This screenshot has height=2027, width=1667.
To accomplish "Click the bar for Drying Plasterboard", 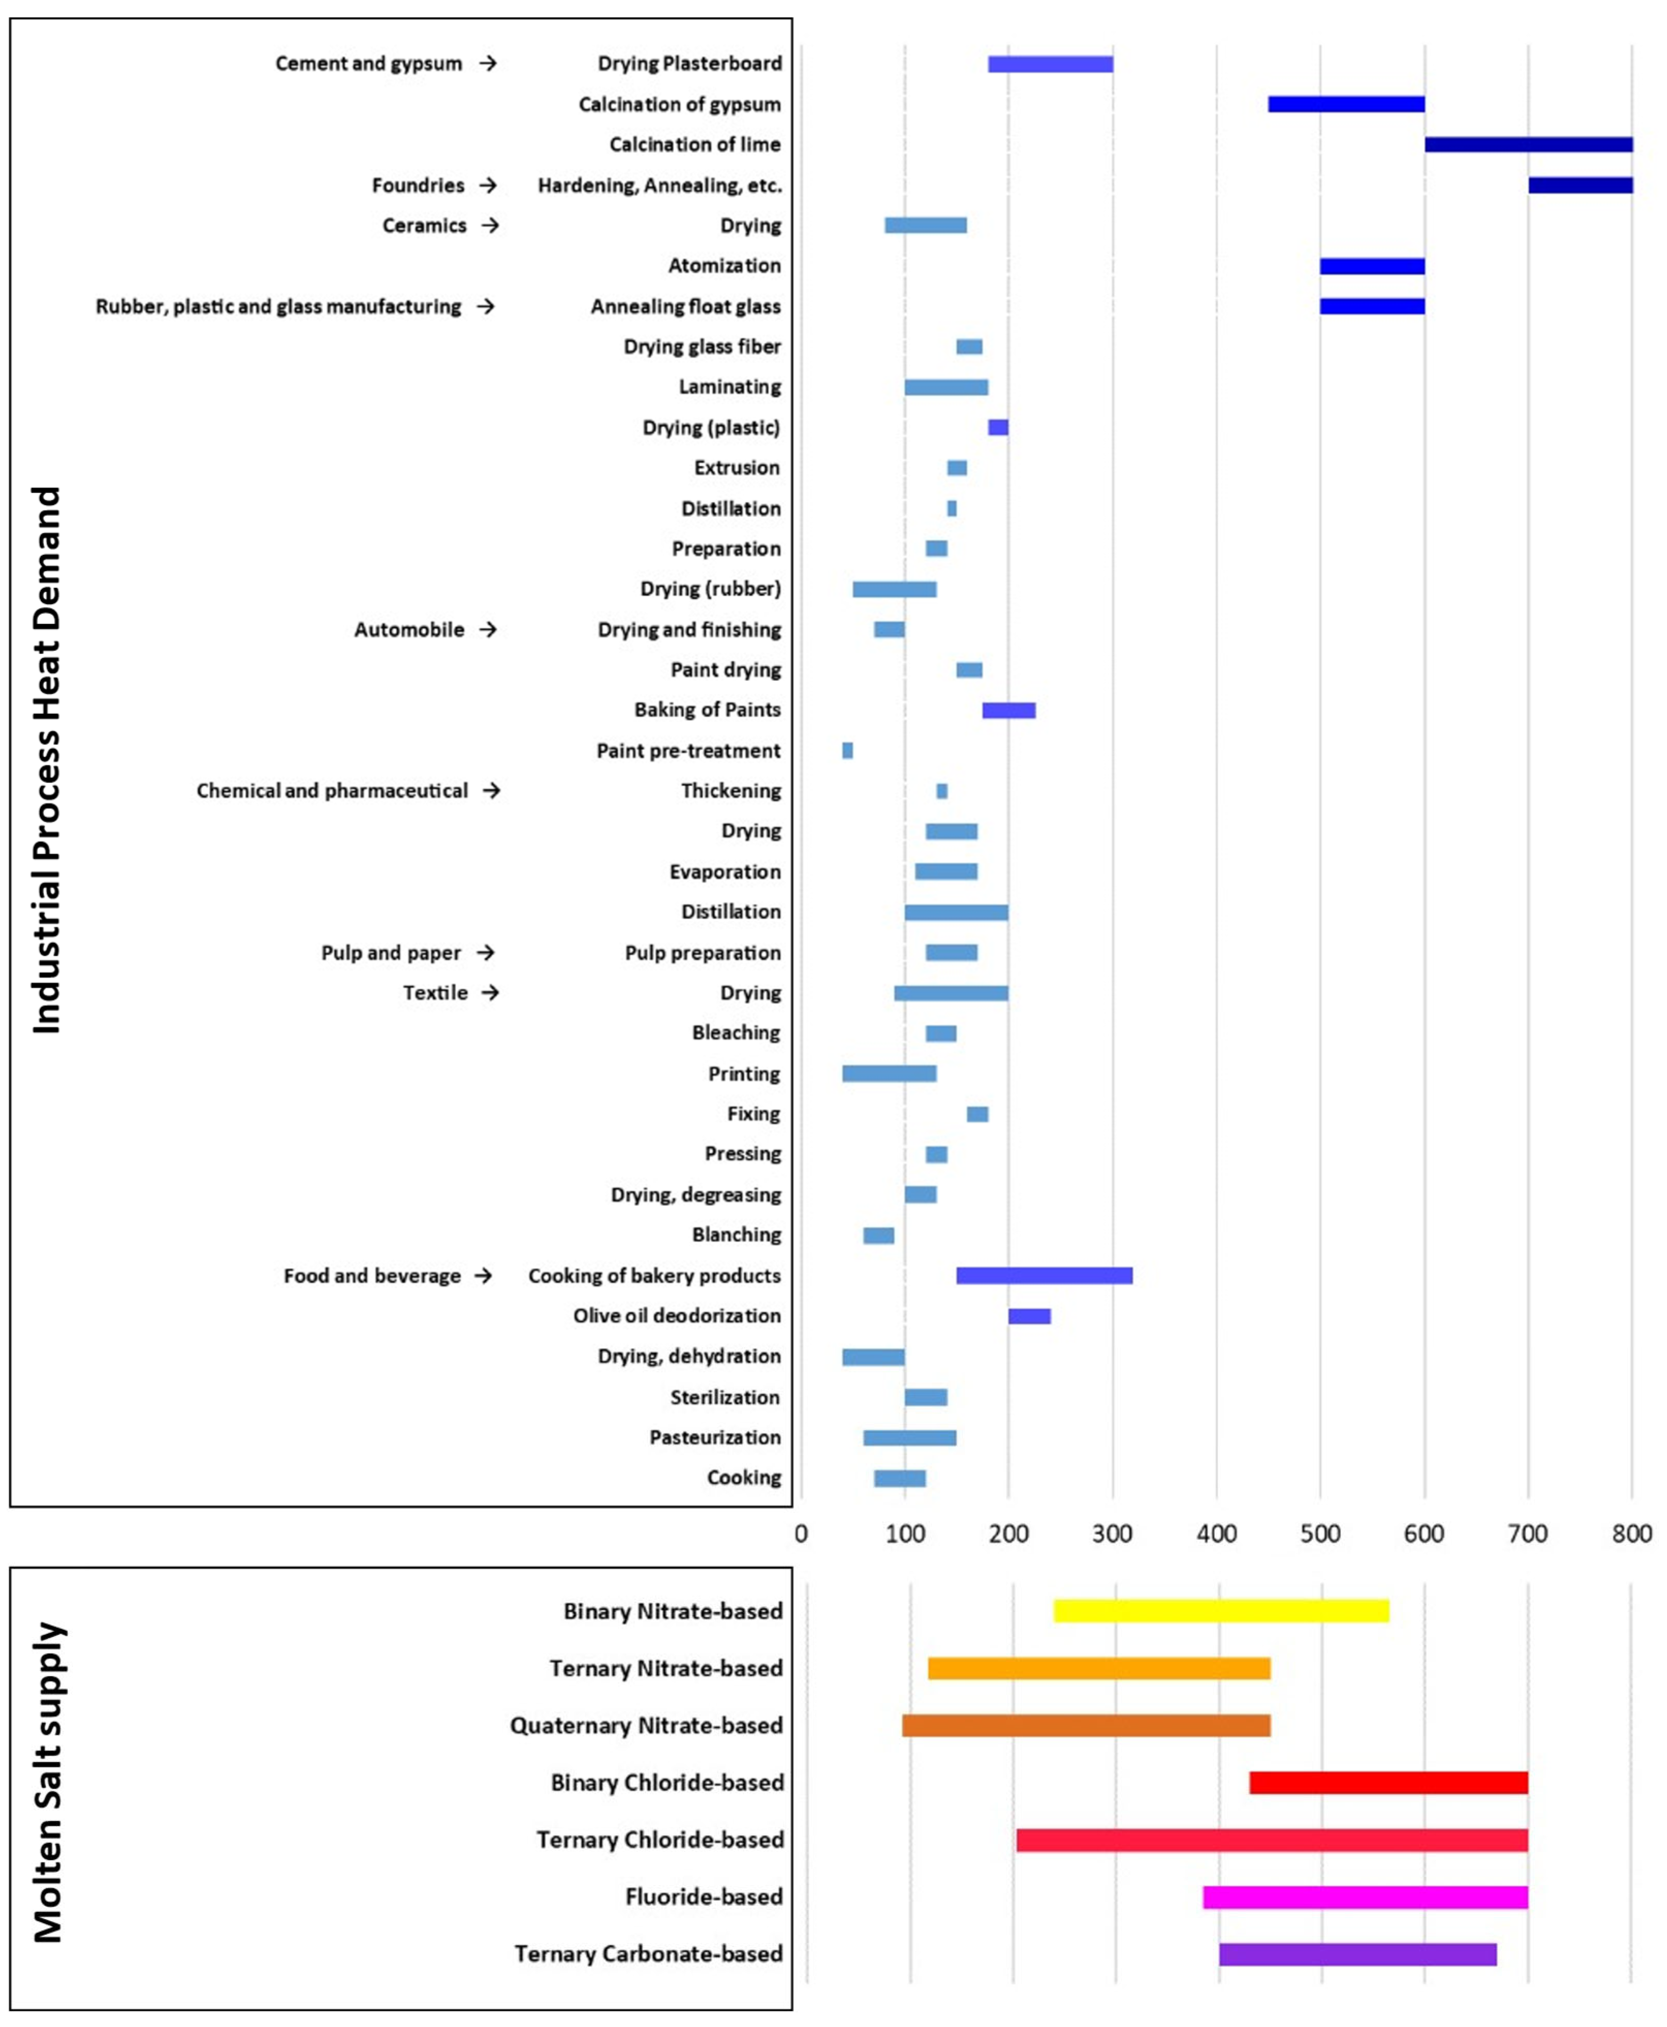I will point(1050,65).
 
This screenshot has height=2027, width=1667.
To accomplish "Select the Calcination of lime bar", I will point(1528,145).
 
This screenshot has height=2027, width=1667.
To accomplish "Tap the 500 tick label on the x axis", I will point(1320,1534).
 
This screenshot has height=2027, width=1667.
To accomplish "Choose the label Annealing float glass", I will point(685,307).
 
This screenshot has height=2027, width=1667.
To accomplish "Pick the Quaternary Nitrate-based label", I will point(646,1726).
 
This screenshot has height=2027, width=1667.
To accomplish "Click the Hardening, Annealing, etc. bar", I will point(1580,185).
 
